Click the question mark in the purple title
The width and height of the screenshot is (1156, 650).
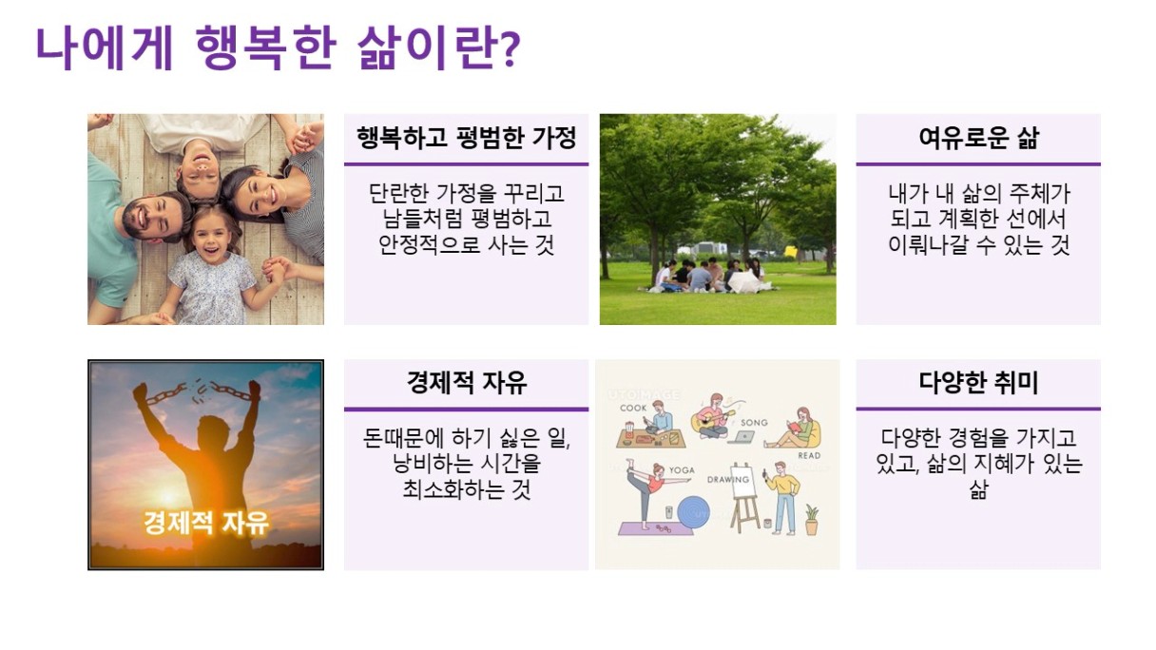510,48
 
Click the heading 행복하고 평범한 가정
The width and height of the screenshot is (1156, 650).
466,138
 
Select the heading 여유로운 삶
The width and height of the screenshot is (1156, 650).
978,138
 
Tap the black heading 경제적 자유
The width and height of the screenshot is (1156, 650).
466,383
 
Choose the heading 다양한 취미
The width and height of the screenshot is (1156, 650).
978,383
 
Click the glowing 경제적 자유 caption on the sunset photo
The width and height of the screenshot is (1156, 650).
206,523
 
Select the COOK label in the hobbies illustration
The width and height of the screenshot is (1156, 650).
633,408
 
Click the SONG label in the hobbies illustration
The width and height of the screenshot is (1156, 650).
754,423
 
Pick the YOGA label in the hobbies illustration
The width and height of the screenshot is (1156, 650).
682,470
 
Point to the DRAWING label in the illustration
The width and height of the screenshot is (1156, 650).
727,479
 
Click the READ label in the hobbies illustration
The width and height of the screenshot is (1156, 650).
809,455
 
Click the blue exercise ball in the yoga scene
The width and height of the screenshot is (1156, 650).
693,512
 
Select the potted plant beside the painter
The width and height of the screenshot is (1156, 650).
811,520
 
